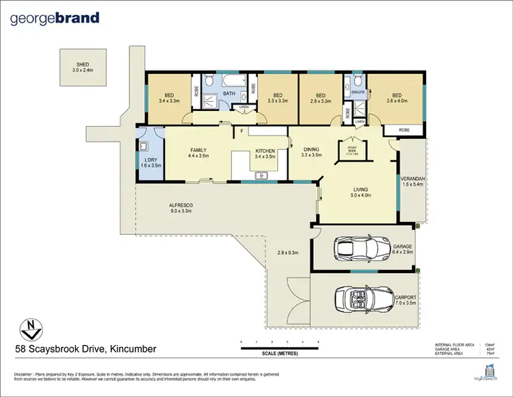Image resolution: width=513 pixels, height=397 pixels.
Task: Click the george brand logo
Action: pyautogui.click(x=55, y=18)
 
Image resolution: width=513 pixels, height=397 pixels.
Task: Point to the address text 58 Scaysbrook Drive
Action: pyautogui.click(x=86, y=349)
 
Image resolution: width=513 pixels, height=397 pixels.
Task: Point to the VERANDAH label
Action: pyautogui.click(x=413, y=179)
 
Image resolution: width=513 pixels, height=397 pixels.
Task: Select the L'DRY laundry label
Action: pyautogui.click(x=149, y=159)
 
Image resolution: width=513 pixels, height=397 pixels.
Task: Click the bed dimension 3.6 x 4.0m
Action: pyautogui.click(x=398, y=101)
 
